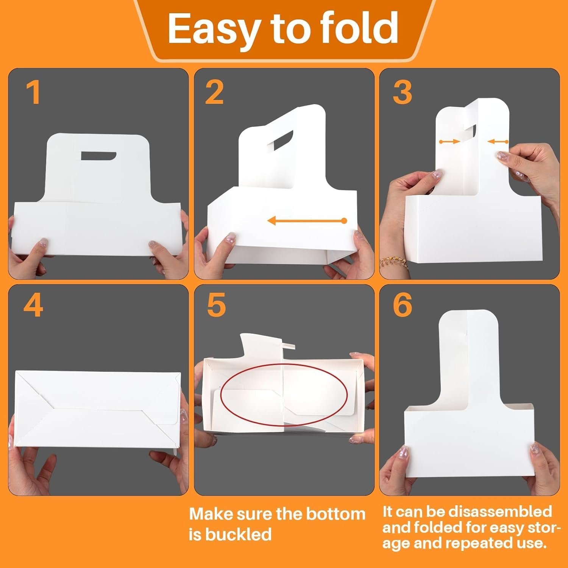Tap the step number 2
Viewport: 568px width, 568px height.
214,93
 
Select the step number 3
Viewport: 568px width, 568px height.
402,93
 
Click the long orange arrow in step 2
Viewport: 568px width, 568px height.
307,220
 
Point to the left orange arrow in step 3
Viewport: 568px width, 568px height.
449,142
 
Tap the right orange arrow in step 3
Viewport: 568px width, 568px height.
498,142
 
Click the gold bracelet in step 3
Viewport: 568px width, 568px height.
394,262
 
